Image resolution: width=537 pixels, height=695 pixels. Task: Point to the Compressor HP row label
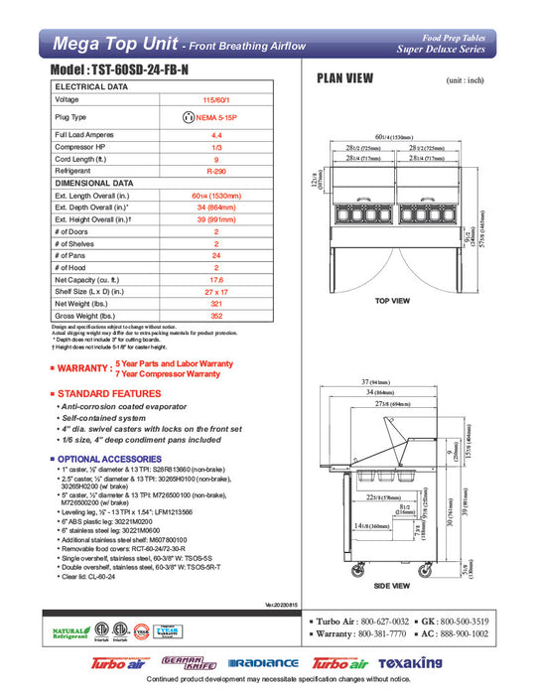(84, 146)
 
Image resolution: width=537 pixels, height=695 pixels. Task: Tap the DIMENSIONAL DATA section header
(93, 184)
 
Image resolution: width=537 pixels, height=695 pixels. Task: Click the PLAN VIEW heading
(344, 80)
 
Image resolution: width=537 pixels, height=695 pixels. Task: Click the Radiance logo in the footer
(263, 663)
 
